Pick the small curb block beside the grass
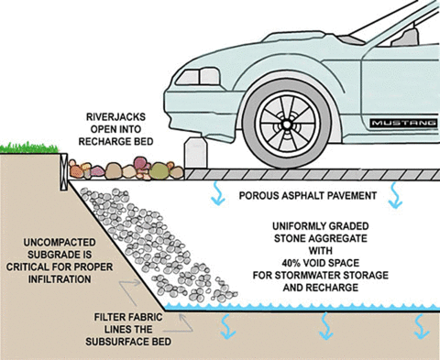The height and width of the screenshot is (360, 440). point(62,166)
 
